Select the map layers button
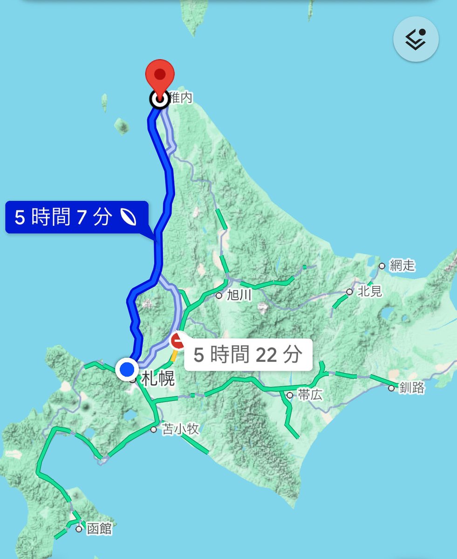(416, 40)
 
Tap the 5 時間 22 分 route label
(247, 354)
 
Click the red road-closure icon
(178, 341)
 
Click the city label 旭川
(239, 295)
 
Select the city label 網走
(403, 266)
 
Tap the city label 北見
(370, 292)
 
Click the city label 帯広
(310, 395)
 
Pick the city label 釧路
(412, 388)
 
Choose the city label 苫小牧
(180, 429)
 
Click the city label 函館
(99, 529)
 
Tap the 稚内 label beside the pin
(181, 97)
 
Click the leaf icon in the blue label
(128, 217)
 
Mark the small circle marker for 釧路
(391, 388)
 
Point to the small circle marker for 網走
(382, 266)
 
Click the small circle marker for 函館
(79, 529)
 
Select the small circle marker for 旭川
(219, 295)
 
